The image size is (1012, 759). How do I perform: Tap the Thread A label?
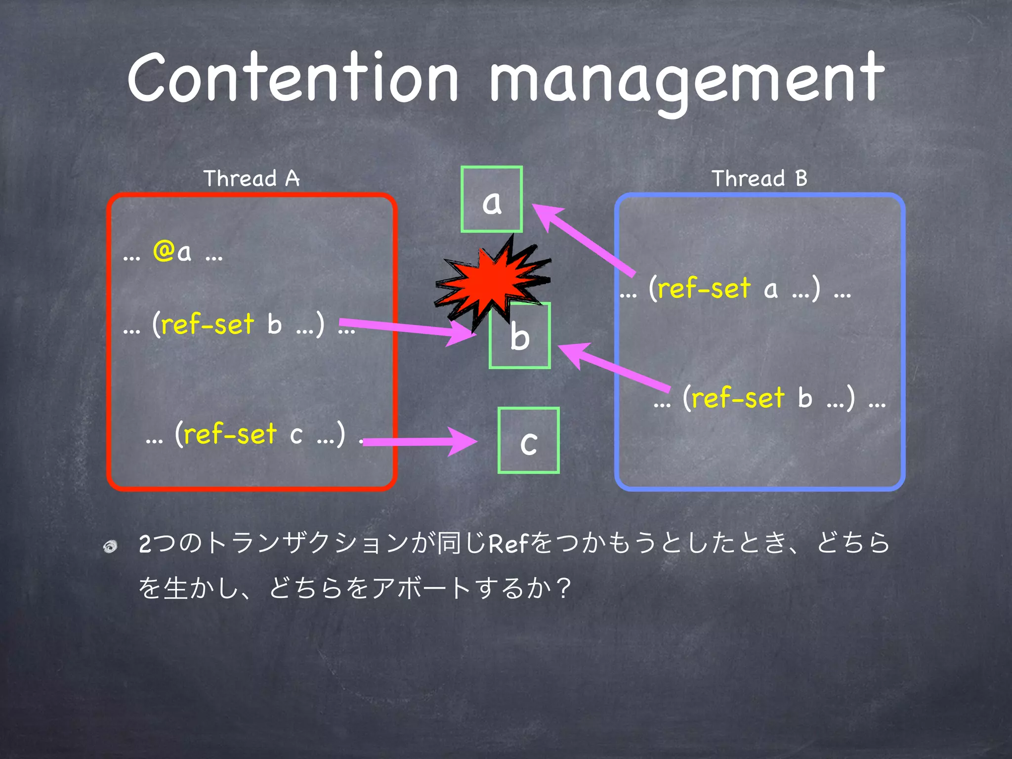coord(252,178)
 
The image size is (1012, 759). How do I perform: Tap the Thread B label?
coord(759,178)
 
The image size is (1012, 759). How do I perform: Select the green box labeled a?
coord(491,200)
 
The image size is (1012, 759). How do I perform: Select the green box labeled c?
coord(528,441)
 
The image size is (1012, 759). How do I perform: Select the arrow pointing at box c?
coord(420,441)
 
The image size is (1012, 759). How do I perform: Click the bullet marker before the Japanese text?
coord(111,546)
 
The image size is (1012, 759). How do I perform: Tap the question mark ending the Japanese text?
coord(563,588)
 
